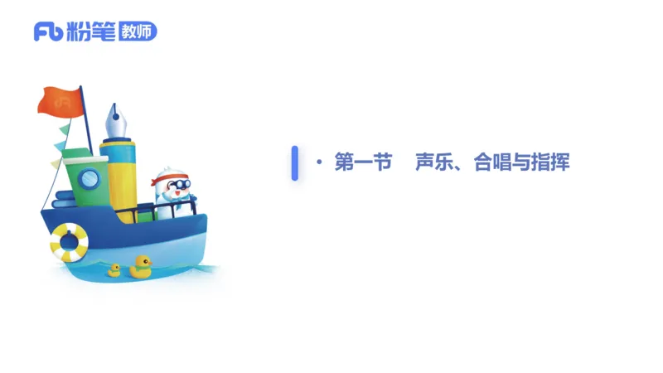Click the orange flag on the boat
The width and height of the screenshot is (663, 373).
[60, 100]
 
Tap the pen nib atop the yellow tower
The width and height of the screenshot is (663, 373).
[115, 123]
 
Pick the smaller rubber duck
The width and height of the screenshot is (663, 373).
[114, 269]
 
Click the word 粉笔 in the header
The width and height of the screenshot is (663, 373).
[85, 31]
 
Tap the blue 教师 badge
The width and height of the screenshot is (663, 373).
[137, 31]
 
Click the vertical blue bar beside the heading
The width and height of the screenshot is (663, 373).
[294, 162]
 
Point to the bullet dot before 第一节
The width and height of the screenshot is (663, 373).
[319, 162]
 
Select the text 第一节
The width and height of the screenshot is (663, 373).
[363, 162]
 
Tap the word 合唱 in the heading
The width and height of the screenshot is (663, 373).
[489, 162]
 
